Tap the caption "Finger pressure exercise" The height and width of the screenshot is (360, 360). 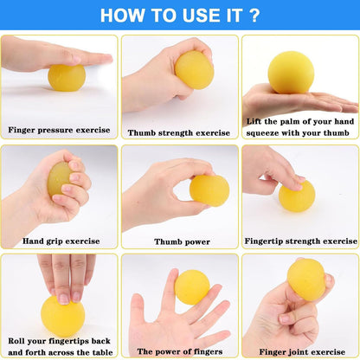[60, 130]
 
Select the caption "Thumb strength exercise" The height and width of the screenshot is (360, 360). [179, 132]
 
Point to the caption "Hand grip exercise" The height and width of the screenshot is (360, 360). [60, 241]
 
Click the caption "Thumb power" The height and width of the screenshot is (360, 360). [179, 241]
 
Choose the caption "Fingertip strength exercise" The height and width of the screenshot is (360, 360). [299, 241]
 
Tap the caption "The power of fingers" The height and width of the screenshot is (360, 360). [179, 350]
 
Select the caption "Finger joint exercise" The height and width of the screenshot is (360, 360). [299, 350]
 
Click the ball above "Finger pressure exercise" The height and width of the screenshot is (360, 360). [66, 77]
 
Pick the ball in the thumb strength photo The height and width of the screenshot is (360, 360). [194, 69]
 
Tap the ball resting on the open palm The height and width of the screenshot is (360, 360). [290, 73]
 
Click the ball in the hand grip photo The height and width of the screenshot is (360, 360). [61, 177]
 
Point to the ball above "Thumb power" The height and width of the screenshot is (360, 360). [209, 190]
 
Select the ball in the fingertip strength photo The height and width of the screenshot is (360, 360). [297, 196]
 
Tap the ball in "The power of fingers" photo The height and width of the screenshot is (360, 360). [192, 287]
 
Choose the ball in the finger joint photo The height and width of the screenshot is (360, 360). [305, 280]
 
